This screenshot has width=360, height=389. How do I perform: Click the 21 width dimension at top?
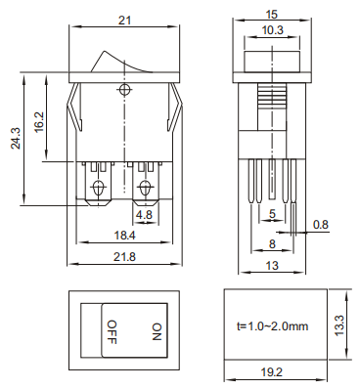(124, 21)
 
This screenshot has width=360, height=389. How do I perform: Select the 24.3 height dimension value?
(16, 138)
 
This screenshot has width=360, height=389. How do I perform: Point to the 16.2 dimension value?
(39, 122)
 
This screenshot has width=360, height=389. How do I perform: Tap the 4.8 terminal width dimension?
(144, 215)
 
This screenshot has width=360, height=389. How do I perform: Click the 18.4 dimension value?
(124, 235)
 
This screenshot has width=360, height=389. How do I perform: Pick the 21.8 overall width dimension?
(124, 257)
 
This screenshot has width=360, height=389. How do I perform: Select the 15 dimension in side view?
(271, 15)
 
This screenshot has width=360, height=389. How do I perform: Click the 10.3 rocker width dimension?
(273, 30)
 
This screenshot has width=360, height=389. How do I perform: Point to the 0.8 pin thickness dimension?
(321, 225)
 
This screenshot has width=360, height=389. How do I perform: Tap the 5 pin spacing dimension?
(272, 214)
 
